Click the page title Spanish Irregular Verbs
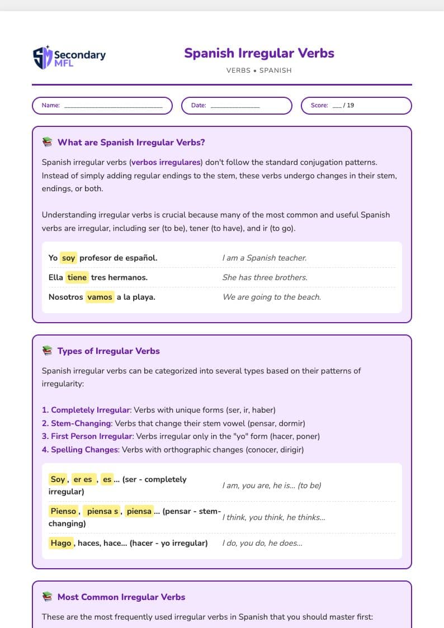(259, 54)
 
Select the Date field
(237, 106)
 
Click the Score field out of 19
(356, 106)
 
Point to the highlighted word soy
(68, 258)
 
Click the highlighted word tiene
(77, 277)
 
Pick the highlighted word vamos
(100, 297)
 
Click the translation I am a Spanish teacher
(264, 258)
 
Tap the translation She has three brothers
(265, 277)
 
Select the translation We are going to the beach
(272, 297)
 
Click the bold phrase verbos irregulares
(166, 163)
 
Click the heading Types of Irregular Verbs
(108, 351)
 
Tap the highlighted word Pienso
(63, 511)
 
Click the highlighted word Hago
(61, 543)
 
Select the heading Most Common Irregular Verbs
(121, 597)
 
